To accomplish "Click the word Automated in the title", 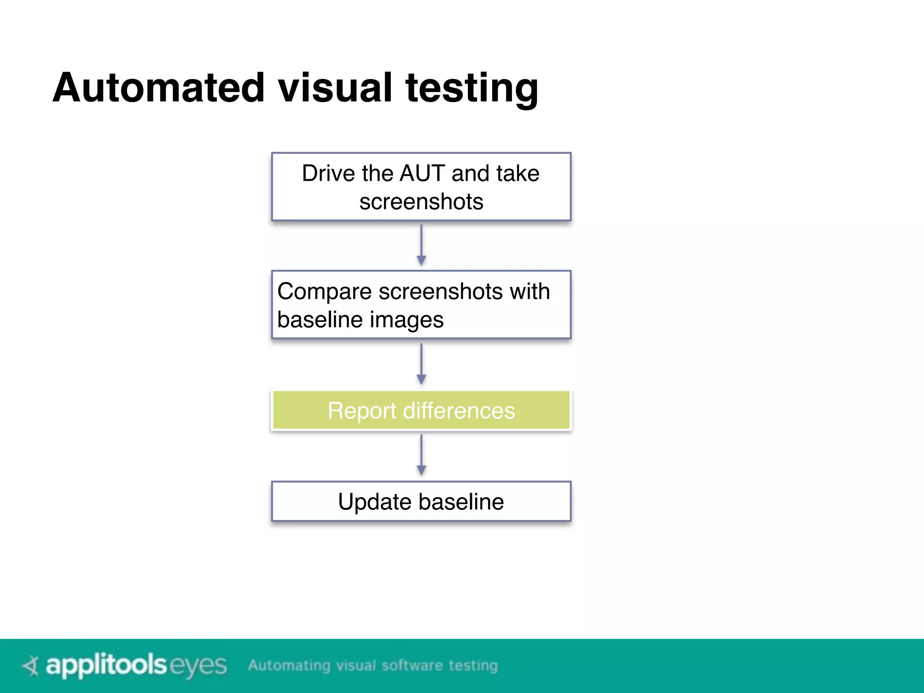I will [158, 88].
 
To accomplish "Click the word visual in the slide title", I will [335, 88].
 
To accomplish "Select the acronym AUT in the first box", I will [422, 173].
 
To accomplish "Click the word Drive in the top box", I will [328, 173].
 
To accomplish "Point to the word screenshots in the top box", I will [421, 201].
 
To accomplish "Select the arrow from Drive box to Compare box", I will [421, 245].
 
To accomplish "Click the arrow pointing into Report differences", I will [421, 364].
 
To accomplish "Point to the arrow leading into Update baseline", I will [421, 455].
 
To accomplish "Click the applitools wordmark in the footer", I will [106, 665].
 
